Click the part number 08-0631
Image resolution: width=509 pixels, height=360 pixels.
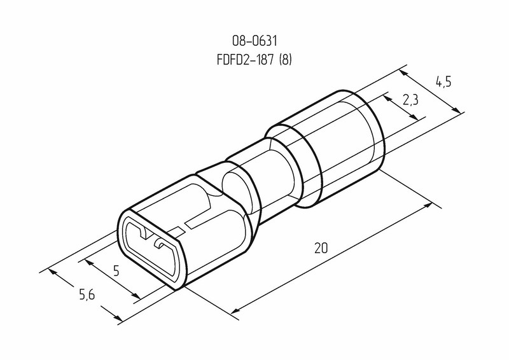(x=254, y=41)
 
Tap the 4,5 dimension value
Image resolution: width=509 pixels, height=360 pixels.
(x=443, y=82)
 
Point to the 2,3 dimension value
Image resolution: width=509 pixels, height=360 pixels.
(x=410, y=100)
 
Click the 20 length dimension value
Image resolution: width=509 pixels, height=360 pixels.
(x=321, y=248)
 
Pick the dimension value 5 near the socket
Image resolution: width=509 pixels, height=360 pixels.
(x=116, y=270)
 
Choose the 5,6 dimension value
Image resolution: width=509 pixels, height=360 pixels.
(x=87, y=294)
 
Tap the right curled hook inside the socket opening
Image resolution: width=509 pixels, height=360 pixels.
(x=161, y=244)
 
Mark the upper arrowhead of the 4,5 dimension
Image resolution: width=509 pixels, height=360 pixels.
(x=403, y=74)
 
